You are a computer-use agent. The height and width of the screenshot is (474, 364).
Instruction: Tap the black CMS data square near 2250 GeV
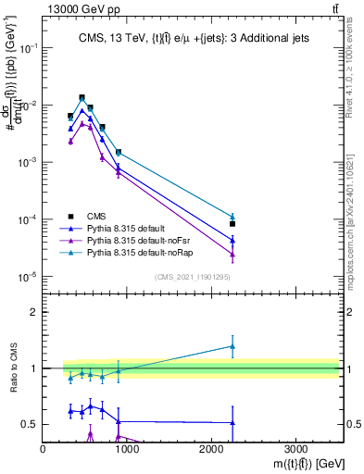[232, 224]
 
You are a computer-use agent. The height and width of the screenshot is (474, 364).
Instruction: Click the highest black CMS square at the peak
[82, 97]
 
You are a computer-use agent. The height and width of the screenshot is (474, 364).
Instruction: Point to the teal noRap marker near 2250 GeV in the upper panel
[232, 217]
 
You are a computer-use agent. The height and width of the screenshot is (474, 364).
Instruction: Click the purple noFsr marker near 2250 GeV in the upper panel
[232, 254]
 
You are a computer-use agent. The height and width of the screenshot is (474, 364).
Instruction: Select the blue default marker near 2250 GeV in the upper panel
[232, 240]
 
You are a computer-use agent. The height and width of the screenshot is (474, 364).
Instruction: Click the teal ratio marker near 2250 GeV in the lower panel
[232, 346]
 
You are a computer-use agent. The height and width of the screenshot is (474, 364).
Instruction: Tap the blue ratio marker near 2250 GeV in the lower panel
[232, 422]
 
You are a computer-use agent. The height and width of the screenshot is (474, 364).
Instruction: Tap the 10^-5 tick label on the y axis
[28, 276]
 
